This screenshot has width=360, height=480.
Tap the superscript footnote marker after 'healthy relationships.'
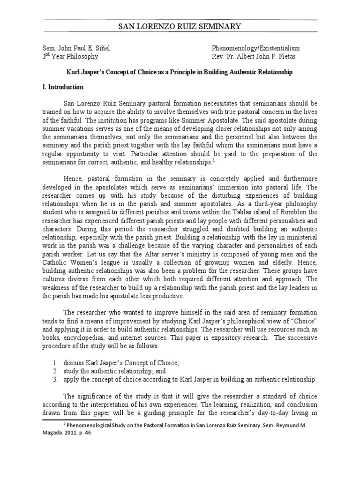pyautogui.click(x=213, y=159)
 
